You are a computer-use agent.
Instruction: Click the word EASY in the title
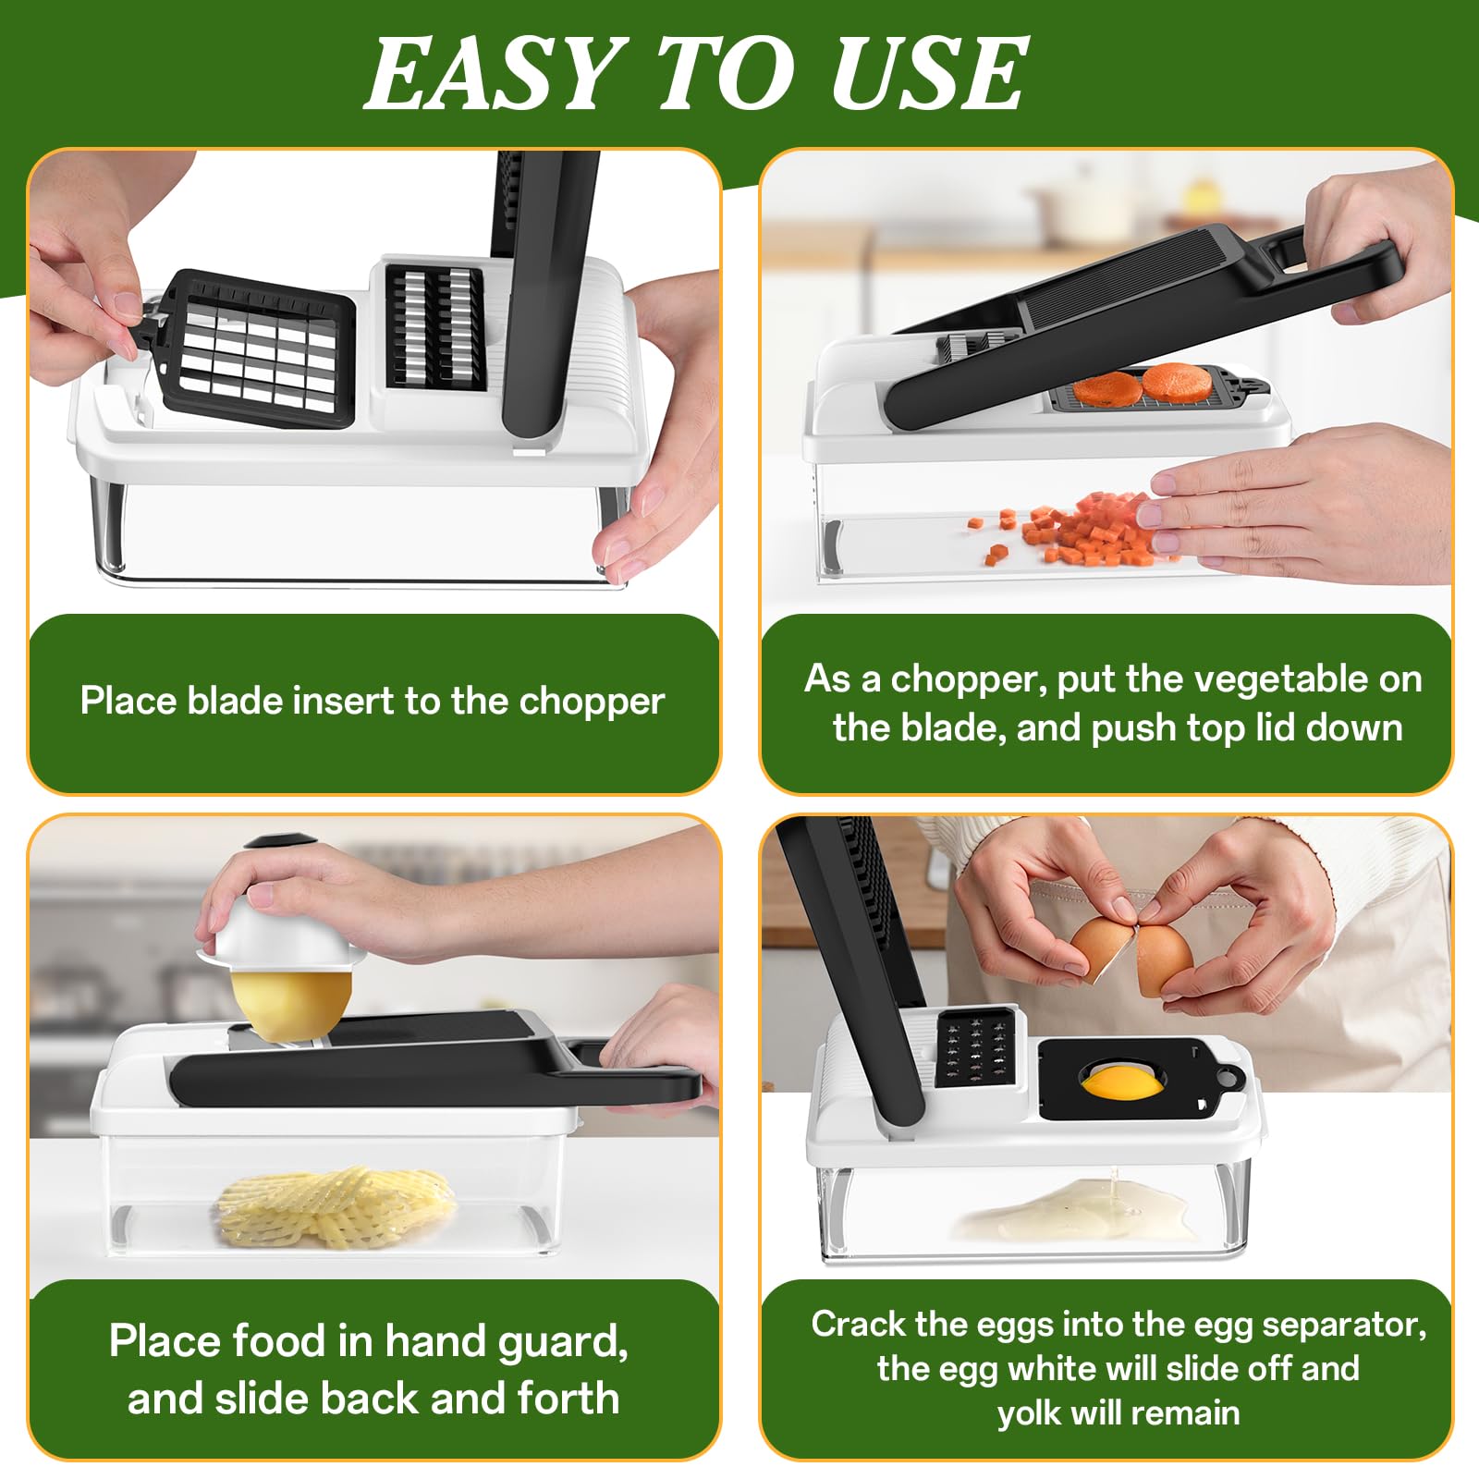click(x=491, y=74)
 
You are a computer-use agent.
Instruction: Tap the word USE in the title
click(x=928, y=74)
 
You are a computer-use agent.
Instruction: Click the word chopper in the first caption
click(x=592, y=702)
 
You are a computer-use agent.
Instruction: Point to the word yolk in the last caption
click(x=1030, y=1413)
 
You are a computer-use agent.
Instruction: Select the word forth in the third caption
click(x=568, y=1398)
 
